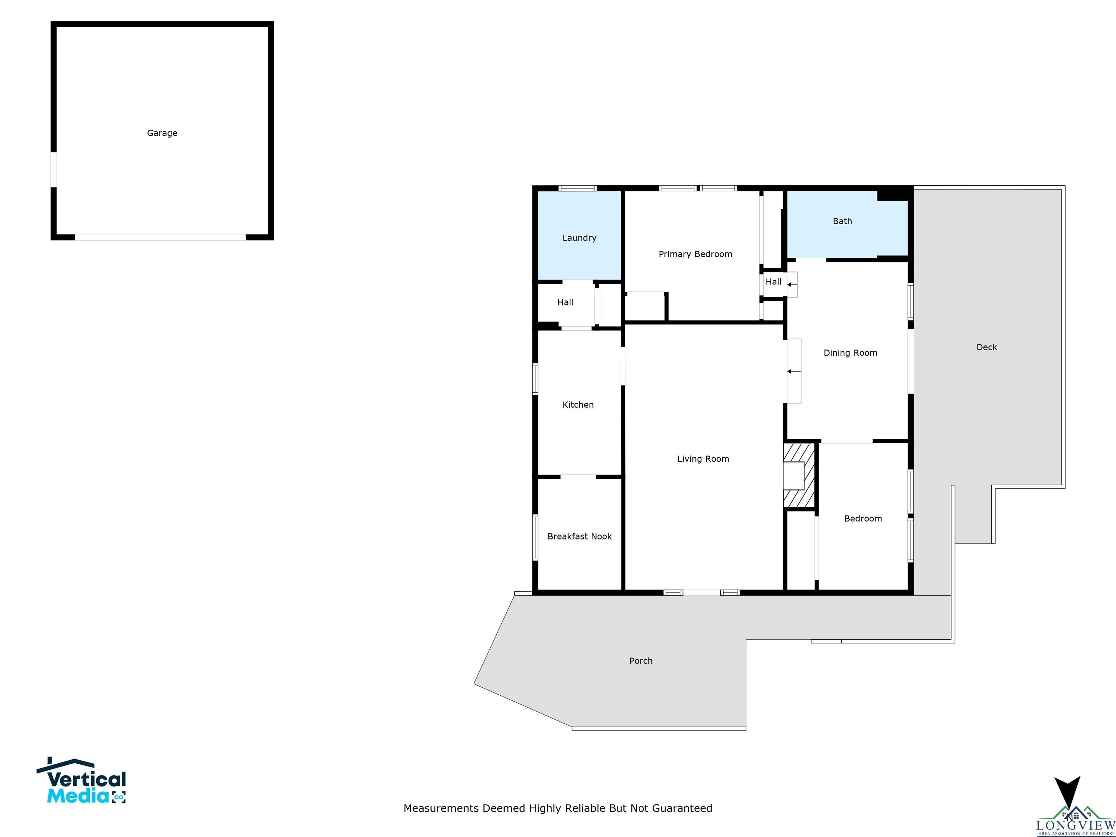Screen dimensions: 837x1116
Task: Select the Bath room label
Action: [x=842, y=221]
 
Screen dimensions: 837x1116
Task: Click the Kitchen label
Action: [x=578, y=405]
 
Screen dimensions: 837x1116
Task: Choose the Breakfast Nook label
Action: [x=579, y=536]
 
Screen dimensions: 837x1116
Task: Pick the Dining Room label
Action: [x=850, y=353]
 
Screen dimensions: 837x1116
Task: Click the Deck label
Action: [x=986, y=347]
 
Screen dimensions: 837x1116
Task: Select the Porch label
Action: [x=641, y=661]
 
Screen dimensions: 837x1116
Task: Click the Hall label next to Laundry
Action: [x=565, y=303]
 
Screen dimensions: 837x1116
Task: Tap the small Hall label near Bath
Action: [x=773, y=282]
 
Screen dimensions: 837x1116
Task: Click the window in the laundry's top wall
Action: [x=578, y=189]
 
